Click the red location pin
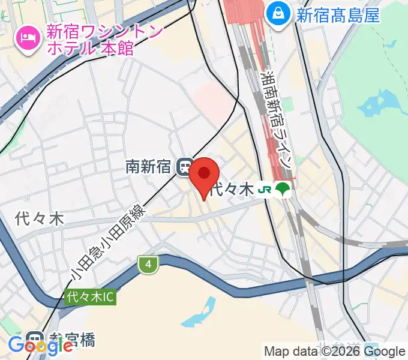(x=205, y=175)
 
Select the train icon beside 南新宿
(x=185, y=167)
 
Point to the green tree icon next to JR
(x=283, y=190)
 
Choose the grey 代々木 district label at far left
(x=40, y=219)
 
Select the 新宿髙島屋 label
(x=338, y=15)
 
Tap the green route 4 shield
(x=147, y=263)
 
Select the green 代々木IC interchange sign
(x=90, y=296)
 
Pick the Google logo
(x=40, y=346)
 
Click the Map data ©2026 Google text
(x=335, y=352)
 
